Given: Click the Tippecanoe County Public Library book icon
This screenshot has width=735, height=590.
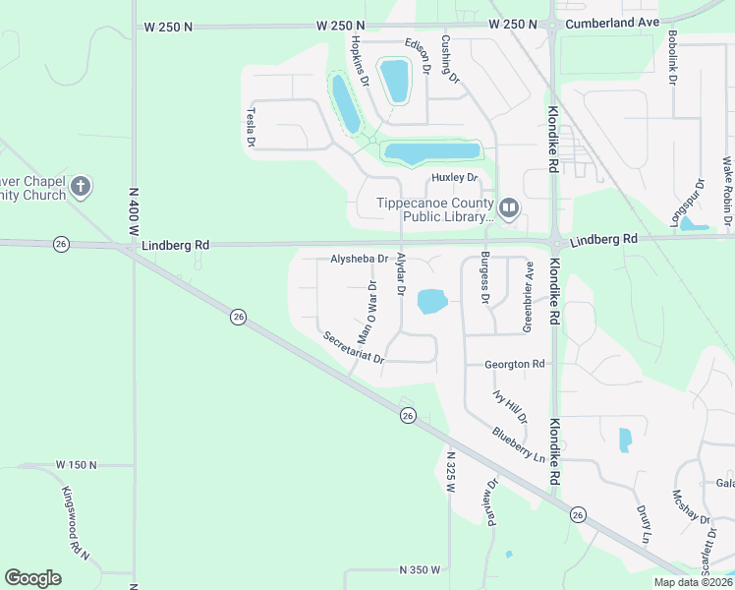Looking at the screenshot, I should click(x=509, y=207).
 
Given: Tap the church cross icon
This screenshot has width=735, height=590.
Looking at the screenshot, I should click(x=81, y=186).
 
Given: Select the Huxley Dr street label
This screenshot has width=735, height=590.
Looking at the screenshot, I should click(x=454, y=178).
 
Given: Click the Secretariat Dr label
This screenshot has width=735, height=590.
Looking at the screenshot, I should click(x=353, y=348).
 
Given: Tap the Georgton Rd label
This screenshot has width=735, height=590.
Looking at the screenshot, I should click(x=514, y=364).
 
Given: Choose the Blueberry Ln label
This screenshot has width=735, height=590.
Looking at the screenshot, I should click(x=518, y=443).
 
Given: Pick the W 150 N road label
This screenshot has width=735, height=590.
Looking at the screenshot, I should click(x=79, y=464).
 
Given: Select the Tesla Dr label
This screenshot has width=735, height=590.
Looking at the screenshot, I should click(x=251, y=128).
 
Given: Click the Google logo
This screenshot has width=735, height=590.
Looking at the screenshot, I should click(x=32, y=578).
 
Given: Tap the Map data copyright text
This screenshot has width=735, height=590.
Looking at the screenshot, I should click(x=694, y=582).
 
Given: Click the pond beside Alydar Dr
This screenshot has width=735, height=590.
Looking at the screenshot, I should click(x=432, y=301).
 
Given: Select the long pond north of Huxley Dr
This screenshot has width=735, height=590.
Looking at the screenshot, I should click(x=432, y=152).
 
